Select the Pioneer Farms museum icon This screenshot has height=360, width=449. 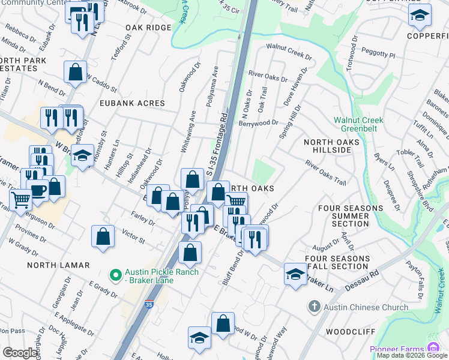(x=432, y=347)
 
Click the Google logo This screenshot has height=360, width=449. (x=21, y=353)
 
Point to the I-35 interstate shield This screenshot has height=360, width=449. (x=149, y=305)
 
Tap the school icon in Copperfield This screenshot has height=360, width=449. (x=420, y=16)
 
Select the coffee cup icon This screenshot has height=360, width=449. (x=38, y=191)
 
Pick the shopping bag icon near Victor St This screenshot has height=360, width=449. (x=103, y=235)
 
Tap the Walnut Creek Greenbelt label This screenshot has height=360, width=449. (x=358, y=124)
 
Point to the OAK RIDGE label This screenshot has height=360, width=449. (x=148, y=28)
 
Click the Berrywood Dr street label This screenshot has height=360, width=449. (x=259, y=122)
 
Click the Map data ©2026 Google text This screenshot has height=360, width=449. (x=412, y=355)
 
